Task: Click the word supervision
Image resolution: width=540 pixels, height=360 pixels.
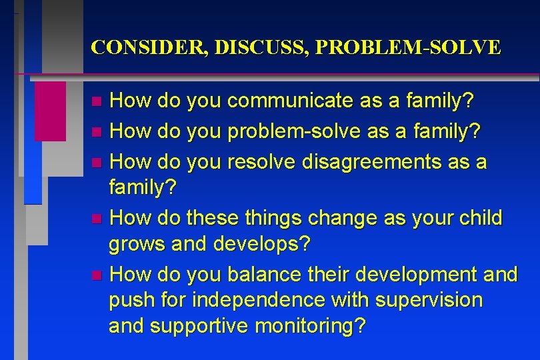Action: pos(429,300)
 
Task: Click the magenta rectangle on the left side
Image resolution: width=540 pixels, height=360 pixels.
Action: pos(50,111)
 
